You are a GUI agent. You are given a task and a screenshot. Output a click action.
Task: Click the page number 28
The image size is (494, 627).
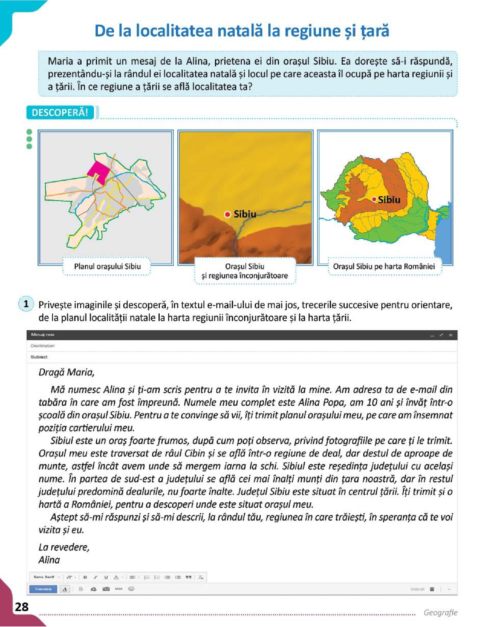21,606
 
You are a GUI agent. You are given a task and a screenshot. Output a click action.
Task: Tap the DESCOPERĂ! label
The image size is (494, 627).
60,112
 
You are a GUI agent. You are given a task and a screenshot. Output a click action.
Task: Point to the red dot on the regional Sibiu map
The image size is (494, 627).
227,214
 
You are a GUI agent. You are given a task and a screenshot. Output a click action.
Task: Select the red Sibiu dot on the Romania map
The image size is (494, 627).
374,199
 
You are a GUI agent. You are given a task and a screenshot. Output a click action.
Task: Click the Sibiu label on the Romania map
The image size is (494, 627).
389,200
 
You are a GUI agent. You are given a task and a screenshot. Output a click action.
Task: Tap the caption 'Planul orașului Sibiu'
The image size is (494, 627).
107,266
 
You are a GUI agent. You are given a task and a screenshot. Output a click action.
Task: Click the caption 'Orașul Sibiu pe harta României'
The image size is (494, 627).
384,266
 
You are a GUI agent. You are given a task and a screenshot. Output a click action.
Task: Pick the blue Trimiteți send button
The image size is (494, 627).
43,589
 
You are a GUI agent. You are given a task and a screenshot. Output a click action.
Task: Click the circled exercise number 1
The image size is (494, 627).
26,304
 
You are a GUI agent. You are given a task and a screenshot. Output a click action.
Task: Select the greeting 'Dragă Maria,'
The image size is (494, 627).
66,372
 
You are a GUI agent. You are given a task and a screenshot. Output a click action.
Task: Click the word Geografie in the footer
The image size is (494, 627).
440,612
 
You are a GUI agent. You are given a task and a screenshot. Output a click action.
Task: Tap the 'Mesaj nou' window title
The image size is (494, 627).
43,334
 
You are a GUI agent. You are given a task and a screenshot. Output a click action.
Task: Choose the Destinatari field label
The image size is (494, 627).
43,345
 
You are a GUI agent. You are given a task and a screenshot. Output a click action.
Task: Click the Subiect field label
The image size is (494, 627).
39,357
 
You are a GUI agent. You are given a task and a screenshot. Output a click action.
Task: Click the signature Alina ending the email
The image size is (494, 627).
49,560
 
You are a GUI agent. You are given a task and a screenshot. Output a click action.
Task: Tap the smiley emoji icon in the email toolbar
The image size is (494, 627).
131,589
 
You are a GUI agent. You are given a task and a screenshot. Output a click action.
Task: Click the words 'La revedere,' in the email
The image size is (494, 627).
64,547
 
